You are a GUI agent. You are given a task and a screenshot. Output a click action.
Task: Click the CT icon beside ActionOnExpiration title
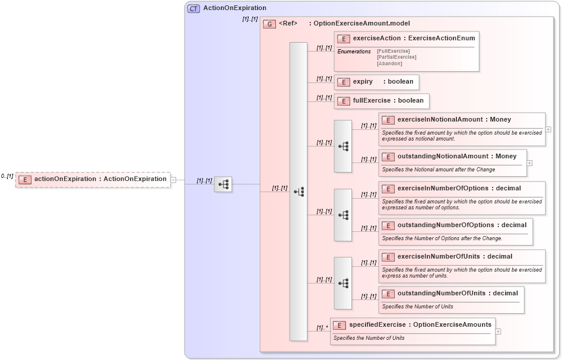[x=193, y=9]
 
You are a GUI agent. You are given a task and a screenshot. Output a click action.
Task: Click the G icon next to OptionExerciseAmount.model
[x=269, y=24]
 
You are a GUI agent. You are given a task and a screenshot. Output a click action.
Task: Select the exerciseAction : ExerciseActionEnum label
[x=414, y=39]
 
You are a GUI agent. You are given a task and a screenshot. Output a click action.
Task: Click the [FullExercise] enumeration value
[x=393, y=51]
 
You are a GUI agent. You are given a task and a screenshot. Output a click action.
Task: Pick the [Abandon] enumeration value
[x=389, y=63]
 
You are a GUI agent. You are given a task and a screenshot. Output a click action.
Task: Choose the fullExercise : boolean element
[x=382, y=101]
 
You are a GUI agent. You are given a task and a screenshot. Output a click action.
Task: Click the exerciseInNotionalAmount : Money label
[x=454, y=120]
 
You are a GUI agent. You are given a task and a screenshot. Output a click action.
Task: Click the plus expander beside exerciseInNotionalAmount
[x=548, y=129]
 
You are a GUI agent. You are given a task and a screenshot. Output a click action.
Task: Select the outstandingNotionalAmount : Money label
[x=457, y=157]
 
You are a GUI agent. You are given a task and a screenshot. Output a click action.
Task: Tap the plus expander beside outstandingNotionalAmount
[x=529, y=163]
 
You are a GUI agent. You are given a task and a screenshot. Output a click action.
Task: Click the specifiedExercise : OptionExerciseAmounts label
[x=420, y=325]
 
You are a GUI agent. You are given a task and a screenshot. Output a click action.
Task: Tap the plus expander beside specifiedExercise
[x=498, y=331]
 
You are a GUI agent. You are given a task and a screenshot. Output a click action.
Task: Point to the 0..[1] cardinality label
[x=7, y=176]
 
